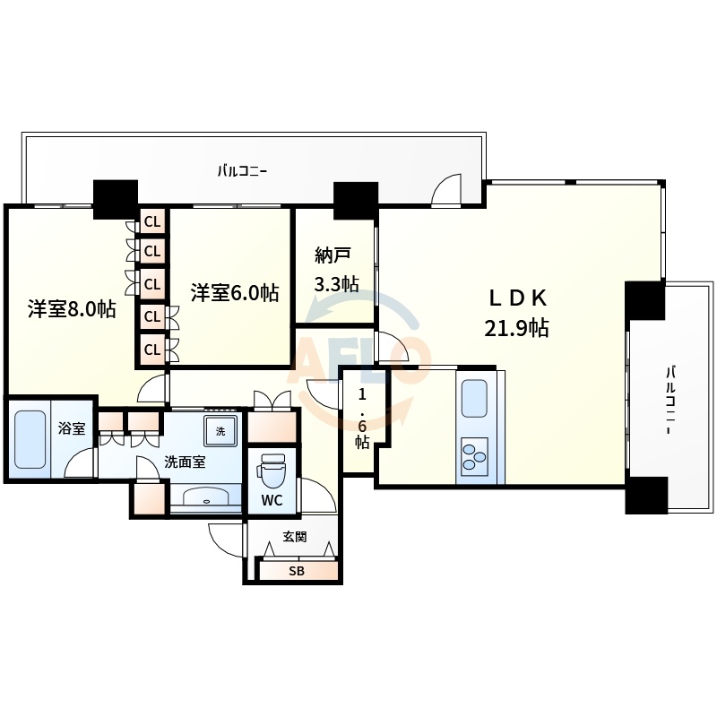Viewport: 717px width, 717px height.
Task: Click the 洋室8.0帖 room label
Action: (x=72, y=309)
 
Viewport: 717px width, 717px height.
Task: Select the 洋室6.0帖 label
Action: (x=235, y=293)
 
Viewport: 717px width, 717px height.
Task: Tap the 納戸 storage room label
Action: (x=333, y=255)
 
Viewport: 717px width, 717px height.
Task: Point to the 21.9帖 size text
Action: (x=517, y=328)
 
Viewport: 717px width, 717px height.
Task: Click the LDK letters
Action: (x=518, y=298)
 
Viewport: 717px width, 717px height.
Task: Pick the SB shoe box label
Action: (x=297, y=571)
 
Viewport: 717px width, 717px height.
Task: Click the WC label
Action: (x=272, y=501)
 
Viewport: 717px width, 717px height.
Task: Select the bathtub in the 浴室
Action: (x=30, y=439)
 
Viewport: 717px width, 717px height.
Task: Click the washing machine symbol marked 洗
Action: (x=220, y=431)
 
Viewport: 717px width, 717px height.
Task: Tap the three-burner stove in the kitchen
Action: (x=474, y=456)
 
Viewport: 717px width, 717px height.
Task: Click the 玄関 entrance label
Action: (x=295, y=536)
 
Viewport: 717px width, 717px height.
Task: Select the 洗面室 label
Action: (x=185, y=462)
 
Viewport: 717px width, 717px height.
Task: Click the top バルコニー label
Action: (x=242, y=171)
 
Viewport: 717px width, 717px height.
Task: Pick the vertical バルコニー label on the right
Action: (x=670, y=400)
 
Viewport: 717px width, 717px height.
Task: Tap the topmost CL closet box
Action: (x=152, y=221)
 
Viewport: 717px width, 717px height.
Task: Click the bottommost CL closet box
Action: (x=152, y=350)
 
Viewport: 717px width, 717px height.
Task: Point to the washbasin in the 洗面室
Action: (x=206, y=497)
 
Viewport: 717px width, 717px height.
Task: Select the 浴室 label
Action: (x=72, y=428)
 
